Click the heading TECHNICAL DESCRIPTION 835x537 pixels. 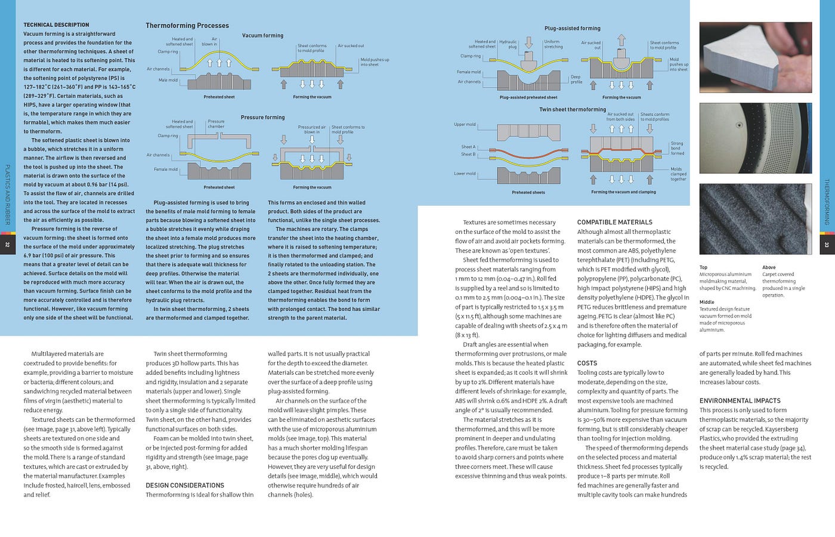point(56,25)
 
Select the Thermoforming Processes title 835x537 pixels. point(187,26)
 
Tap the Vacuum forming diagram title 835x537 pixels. point(262,36)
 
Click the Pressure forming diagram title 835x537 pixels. point(262,118)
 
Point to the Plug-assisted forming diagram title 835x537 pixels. point(572,29)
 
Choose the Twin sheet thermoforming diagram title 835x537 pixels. point(572,110)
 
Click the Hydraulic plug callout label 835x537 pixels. point(508,44)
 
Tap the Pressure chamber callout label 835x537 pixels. point(216,124)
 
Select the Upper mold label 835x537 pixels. point(465,125)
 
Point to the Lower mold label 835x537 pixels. point(465,174)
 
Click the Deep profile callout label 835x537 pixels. point(576,79)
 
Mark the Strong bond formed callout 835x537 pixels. point(677,149)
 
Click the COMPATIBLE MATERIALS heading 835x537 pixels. point(615,223)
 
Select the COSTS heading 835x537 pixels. point(587,363)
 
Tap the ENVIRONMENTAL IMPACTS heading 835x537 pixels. point(740,401)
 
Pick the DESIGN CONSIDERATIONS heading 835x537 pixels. point(185,486)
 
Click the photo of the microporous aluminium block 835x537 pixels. point(755,57)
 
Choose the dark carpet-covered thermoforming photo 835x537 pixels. point(755,220)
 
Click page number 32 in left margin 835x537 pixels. point(7,244)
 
